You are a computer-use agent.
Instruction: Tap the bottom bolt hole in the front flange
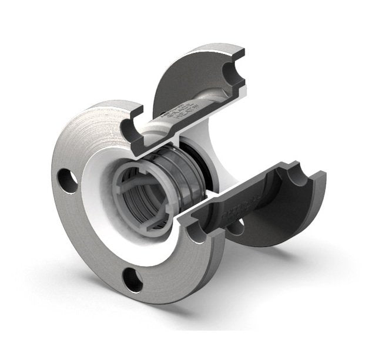(x=133, y=280)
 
